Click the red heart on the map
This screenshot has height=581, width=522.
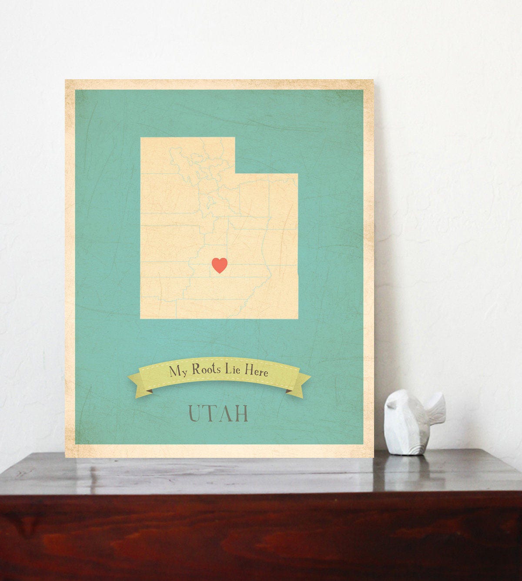219,265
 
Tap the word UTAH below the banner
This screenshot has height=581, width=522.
218,414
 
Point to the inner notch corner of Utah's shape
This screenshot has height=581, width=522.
235,174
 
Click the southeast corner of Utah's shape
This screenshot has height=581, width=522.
298,319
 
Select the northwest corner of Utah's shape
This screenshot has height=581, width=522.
141,138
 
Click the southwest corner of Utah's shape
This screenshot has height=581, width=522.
141,319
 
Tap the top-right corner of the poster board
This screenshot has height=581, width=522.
373,80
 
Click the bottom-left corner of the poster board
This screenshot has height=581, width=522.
66,457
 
